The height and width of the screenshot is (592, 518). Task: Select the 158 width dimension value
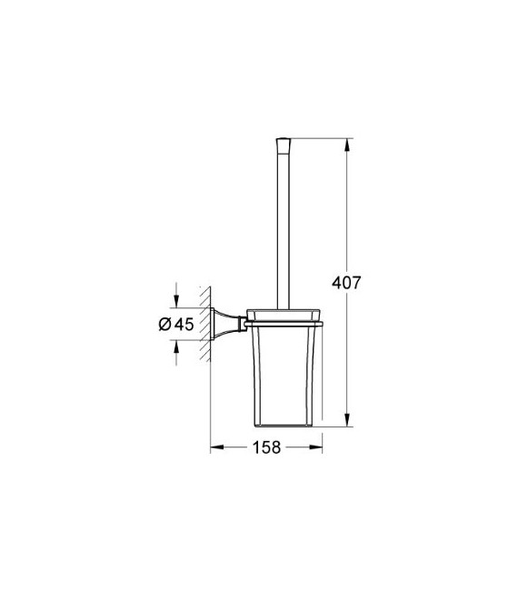click(266, 447)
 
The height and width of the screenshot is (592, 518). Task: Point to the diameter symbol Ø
click(164, 324)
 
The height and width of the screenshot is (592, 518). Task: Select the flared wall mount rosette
click(222, 323)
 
